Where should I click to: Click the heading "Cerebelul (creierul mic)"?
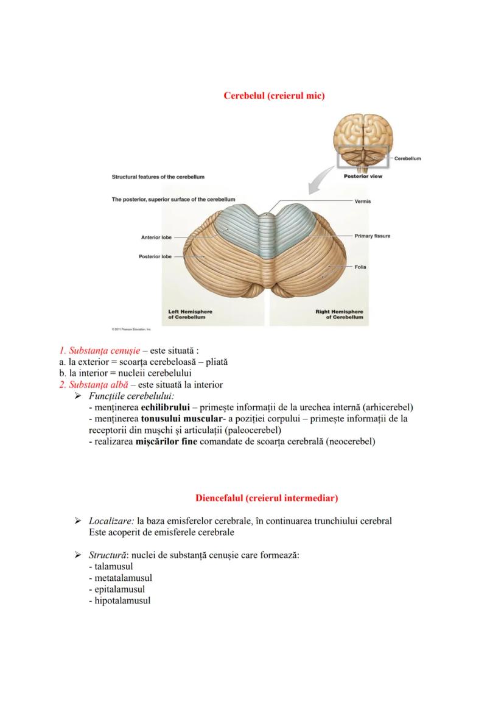tap(274, 96)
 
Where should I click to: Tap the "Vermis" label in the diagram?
tap(363, 201)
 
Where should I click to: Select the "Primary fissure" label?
tap(372, 236)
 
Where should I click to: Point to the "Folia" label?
tap(360, 267)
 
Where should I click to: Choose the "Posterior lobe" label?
tap(156, 256)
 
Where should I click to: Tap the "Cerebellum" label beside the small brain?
tap(407, 158)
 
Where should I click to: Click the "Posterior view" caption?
tap(363, 177)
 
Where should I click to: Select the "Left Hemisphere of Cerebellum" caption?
tap(190, 314)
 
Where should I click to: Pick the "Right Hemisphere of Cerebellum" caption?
tap(339, 314)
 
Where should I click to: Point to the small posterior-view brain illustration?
tap(362, 142)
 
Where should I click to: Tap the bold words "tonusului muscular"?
tap(183, 418)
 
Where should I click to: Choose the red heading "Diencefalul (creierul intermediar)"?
tap(267, 498)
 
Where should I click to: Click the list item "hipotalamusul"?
tap(121, 600)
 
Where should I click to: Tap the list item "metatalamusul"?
tap(121, 577)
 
